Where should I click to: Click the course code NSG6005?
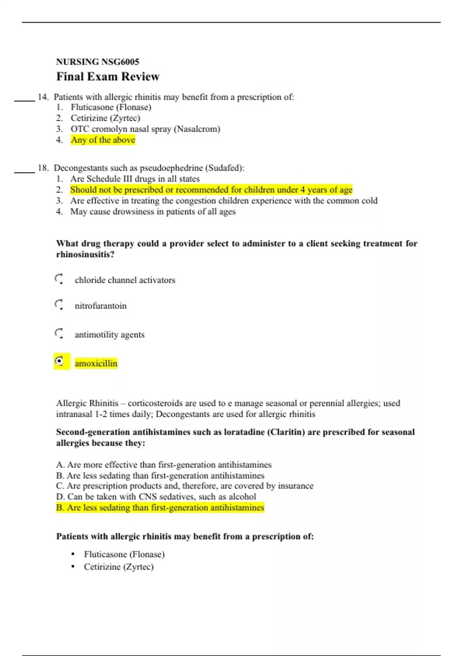[120, 62]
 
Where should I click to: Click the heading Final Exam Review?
[108, 76]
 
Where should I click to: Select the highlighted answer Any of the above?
[103, 140]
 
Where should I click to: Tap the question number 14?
[42, 97]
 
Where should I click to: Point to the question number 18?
[42, 168]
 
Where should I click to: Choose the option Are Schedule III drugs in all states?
[135, 179]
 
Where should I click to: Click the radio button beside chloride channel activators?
[59, 279]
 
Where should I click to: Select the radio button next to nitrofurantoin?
[59, 304]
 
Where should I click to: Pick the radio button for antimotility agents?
[59, 333]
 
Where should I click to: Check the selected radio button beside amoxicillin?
[59, 361]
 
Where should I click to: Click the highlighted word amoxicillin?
[96, 364]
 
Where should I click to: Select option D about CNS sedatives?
[156, 497]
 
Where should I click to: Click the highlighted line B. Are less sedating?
[160, 508]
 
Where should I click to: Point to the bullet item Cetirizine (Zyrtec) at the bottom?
[118, 567]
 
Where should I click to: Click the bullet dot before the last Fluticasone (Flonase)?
[73, 555]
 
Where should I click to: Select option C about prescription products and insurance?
[184, 486]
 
